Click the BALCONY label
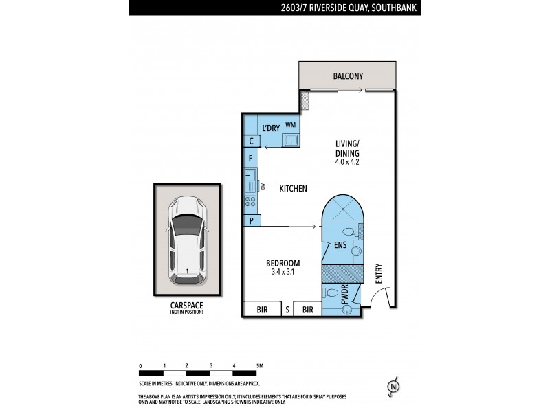pyautogui.click(x=348, y=77)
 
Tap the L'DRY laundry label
pyautogui.click(x=270, y=128)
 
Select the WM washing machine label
pyautogui.click(x=290, y=125)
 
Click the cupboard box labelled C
pyautogui.click(x=252, y=141)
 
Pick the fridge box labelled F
pyautogui.click(x=252, y=159)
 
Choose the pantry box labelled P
pyautogui.click(x=252, y=220)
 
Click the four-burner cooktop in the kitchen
pyautogui.click(x=250, y=201)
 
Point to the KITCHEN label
pyautogui.click(x=293, y=189)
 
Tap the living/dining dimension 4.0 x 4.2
pyautogui.click(x=347, y=163)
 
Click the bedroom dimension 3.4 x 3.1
pyautogui.click(x=284, y=273)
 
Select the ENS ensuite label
pyautogui.click(x=340, y=244)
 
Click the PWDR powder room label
pyautogui.click(x=344, y=294)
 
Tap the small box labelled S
pyautogui.click(x=287, y=310)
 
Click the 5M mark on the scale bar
pyautogui.click(x=259, y=366)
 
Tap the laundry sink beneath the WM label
pyautogui.click(x=291, y=141)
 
